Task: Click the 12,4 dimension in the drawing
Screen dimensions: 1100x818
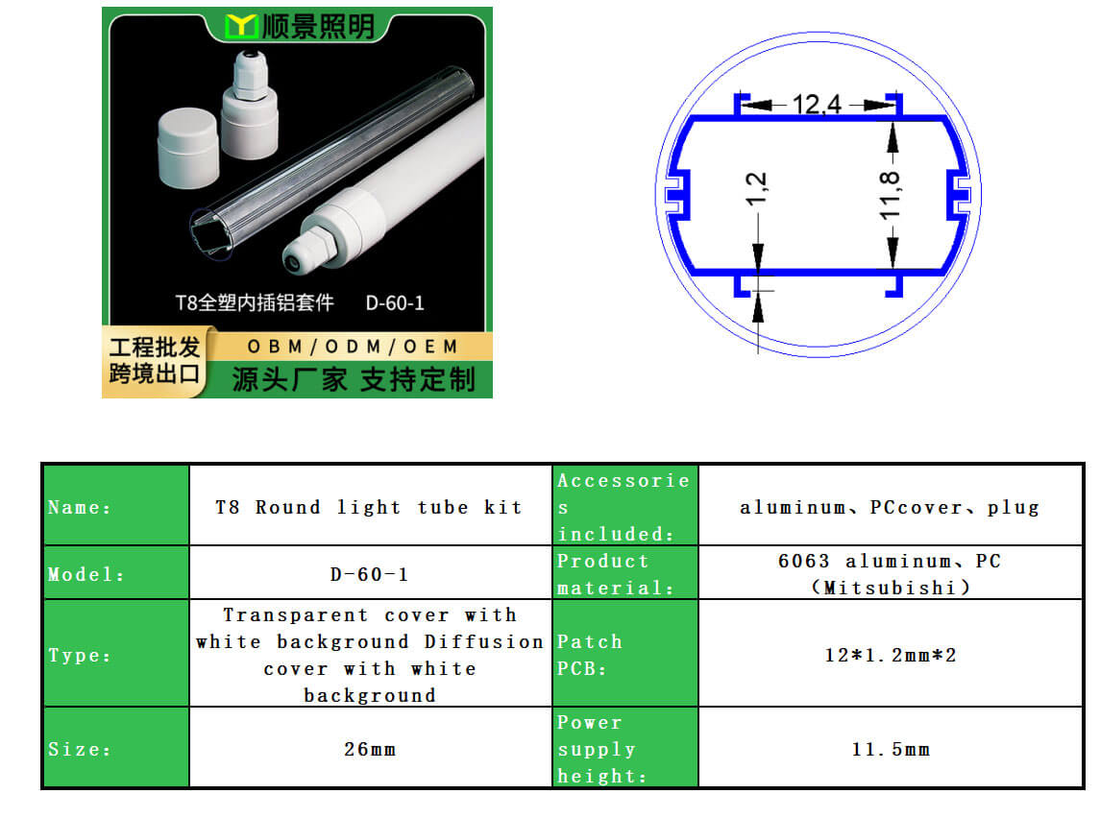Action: pyautogui.click(x=816, y=105)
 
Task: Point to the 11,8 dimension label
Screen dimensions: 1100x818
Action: pyautogui.click(x=890, y=195)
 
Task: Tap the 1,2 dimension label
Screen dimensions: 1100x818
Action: pyautogui.click(x=756, y=189)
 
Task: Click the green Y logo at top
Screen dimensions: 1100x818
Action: pyautogui.click(x=240, y=26)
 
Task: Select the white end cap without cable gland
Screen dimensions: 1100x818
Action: pyautogui.click(x=187, y=147)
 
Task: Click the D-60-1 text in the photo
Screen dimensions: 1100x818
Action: pyautogui.click(x=395, y=302)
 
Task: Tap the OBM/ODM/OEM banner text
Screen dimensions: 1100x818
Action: pyautogui.click(x=353, y=347)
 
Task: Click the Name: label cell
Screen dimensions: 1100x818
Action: pyautogui.click(x=116, y=505)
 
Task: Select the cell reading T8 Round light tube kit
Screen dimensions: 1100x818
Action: pyautogui.click(x=371, y=505)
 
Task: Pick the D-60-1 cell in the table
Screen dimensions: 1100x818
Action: pyautogui.click(x=371, y=572)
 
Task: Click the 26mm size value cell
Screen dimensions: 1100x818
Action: pyautogui.click(x=371, y=747)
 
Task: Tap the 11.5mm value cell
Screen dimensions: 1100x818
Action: pyautogui.click(x=891, y=747)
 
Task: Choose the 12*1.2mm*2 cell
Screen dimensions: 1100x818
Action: pyautogui.click(x=891, y=653)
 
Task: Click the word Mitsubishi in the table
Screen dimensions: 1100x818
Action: pyautogui.click(x=891, y=588)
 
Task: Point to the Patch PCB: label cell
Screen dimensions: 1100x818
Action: pyautogui.click(x=625, y=653)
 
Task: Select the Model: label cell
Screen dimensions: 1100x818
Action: pyautogui.click(x=116, y=572)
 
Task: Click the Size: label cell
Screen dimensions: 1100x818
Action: pyautogui.click(x=116, y=747)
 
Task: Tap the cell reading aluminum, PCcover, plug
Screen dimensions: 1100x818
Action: pyautogui.click(x=891, y=505)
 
